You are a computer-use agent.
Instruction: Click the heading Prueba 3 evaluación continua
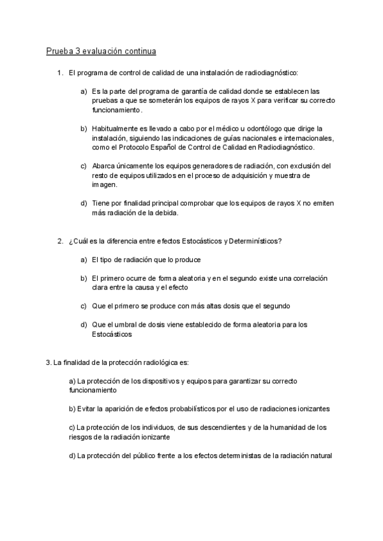pyautogui.click(x=101, y=50)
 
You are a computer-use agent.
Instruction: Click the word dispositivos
pyautogui.click(x=160, y=381)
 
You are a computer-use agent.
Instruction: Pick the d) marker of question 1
pyautogui.click(x=84, y=203)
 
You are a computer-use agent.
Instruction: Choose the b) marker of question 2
pyautogui.click(x=84, y=278)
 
